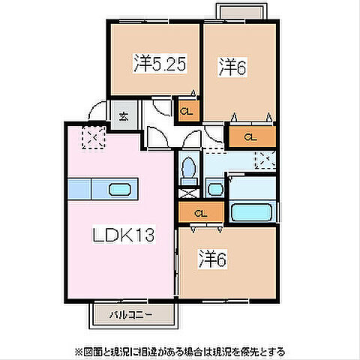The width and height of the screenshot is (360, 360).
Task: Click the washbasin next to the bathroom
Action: [215, 189]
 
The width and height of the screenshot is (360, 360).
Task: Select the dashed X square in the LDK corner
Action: [93, 138]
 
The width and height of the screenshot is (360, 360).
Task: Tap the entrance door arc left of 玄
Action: [96, 112]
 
